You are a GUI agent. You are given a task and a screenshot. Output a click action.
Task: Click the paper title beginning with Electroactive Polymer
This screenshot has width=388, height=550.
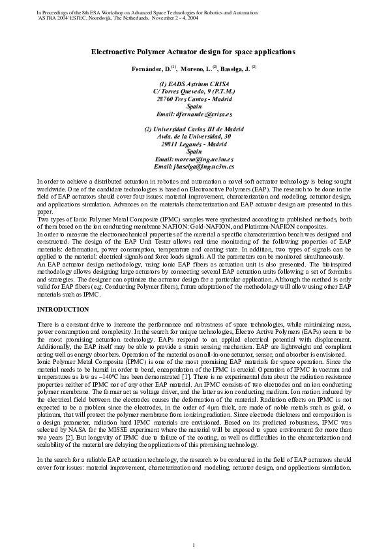pyautogui.click(x=193, y=51)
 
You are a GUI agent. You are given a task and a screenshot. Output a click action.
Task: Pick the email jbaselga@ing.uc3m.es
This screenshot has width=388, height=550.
pyautogui.click(x=193, y=167)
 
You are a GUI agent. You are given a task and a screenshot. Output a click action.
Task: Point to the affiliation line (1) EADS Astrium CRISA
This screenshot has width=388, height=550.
pyautogui.click(x=193, y=84)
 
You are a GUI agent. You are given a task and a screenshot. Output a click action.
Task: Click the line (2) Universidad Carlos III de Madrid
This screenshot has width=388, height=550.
pyautogui.click(x=193, y=129)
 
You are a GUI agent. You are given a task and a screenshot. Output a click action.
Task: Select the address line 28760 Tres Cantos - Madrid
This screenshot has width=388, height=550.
pyautogui.click(x=193, y=99)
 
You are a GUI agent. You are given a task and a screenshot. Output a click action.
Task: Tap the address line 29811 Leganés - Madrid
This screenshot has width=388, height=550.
pyautogui.click(x=193, y=144)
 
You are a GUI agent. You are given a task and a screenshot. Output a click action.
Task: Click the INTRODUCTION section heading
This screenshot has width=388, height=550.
pyautogui.click(x=63, y=308)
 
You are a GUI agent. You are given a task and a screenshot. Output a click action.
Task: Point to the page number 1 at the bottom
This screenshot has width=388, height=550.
pyautogui.click(x=194, y=526)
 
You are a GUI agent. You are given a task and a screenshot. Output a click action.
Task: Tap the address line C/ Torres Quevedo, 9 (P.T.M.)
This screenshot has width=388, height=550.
pyautogui.click(x=193, y=91)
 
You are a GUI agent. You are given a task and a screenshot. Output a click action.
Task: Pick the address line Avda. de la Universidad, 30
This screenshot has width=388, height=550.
pyautogui.click(x=193, y=137)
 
